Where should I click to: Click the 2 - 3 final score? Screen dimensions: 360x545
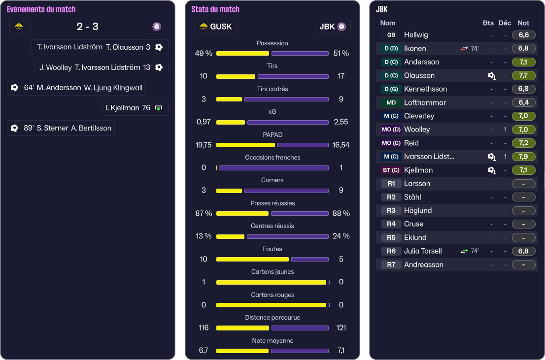point(87,27)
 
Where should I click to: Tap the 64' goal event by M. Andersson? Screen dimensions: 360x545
point(76,88)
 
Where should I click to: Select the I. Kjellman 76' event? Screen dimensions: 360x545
point(136,108)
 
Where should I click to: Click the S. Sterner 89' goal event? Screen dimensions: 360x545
point(61,128)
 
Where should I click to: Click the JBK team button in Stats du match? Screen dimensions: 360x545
point(333,27)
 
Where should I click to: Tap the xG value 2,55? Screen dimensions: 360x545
point(341,122)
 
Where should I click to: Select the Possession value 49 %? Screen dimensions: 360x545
point(204,53)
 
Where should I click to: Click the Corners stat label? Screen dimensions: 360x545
point(272,180)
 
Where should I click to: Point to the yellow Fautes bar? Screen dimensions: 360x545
point(252,259)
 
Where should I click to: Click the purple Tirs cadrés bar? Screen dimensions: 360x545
point(286,99)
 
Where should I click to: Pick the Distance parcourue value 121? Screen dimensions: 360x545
point(341,327)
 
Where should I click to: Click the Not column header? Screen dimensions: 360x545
point(523,23)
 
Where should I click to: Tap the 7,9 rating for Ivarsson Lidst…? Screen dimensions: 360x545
point(523,157)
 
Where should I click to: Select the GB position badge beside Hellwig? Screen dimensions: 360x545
point(391,35)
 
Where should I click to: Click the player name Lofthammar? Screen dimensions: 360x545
point(425,102)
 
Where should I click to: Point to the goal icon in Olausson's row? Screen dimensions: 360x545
point(491,75)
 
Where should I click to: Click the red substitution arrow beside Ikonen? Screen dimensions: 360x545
point(464,49)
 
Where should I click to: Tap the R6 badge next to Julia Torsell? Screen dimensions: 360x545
point(391,251)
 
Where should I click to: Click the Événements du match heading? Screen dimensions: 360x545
point(41,9)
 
